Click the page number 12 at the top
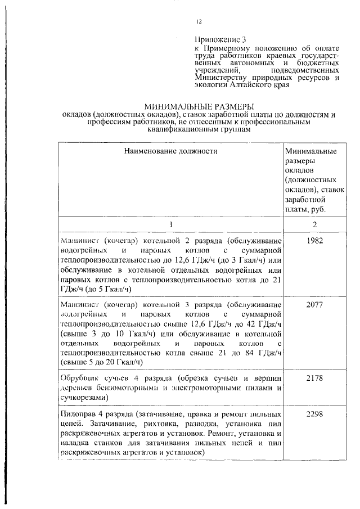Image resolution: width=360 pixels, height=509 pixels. pyautogui.click(x=198, y=21)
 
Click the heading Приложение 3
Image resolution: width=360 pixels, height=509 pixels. pyautogui.click(x=220, y=40)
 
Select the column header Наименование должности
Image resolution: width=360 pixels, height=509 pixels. pyautogui.click(x=170, y=151)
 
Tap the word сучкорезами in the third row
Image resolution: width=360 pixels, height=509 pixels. pyautogui.click(x=83, y=397)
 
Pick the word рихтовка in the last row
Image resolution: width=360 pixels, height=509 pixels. pyautogui.click(x=151, y=424)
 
